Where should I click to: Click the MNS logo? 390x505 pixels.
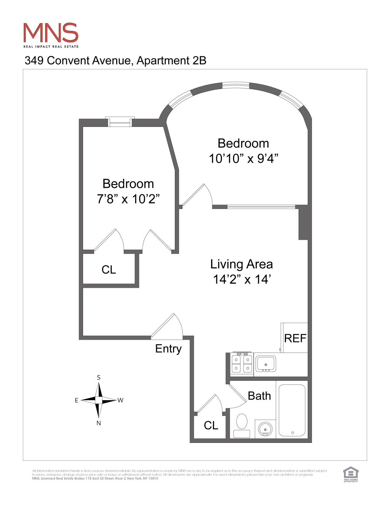tap(51, 34)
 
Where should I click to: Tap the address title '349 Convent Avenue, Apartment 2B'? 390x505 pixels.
tap(115, 61)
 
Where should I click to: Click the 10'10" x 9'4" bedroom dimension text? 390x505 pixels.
tap(243, 159)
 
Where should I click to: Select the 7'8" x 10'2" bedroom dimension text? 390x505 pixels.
tap(128, 199)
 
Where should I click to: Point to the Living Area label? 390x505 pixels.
tap(241, 264)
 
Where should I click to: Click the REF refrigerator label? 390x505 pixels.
tap(295, 338)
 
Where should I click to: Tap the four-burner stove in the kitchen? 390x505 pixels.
tap(242, 364)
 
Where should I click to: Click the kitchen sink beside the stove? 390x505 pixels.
tap(266, 364)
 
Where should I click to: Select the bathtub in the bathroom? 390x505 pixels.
tap(292, 410)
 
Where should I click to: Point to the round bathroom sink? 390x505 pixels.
tap(265, 429)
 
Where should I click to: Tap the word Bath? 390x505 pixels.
tap(259, 396)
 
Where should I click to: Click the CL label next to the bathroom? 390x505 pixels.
tap(211, 425)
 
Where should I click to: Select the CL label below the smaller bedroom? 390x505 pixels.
tap(109, 270)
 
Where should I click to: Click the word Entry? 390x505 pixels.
tap(168, 349)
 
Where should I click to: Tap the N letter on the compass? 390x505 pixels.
tap(99, 423)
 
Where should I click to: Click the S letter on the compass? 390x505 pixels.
tap(99, 377)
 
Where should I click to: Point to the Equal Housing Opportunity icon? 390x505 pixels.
tap(351, 474)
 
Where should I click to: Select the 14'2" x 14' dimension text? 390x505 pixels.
tap(241, 279)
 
